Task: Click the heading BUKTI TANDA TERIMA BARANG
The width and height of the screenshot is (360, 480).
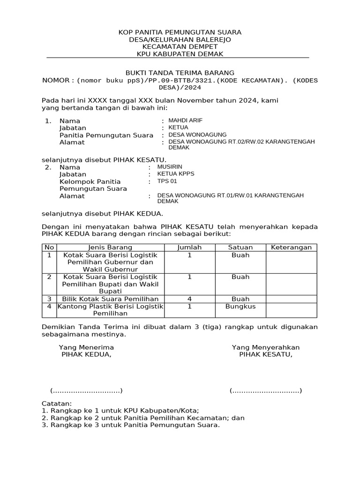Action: point(180,73)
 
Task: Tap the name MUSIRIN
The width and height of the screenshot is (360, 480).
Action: point(170,167)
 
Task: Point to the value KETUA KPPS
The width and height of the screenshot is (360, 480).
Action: point(176,174)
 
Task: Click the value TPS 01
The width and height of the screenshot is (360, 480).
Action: point(167,181)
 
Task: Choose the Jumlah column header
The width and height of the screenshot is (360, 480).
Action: point(189,247)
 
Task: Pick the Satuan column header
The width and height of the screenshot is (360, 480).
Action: point(240,247)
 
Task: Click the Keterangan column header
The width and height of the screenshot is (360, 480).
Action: point(291,247)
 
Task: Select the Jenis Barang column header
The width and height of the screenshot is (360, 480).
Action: point(110,247)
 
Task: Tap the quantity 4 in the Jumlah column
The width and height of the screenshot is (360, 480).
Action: point(189,299)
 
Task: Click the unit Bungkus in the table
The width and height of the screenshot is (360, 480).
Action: point(240,307)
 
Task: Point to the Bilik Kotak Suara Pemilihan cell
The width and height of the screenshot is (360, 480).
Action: point(110,299)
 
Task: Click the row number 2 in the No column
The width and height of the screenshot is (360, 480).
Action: point(49,277)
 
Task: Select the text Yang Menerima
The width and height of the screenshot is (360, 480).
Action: point(86,347)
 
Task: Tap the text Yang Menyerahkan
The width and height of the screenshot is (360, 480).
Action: point(266,347)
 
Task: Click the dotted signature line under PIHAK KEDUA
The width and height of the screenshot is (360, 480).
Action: point(86,391)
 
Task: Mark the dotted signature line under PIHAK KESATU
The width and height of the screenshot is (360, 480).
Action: point(266,391)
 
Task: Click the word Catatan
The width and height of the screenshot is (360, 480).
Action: point(57,404)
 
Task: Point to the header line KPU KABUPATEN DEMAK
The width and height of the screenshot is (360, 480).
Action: point(180,54)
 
